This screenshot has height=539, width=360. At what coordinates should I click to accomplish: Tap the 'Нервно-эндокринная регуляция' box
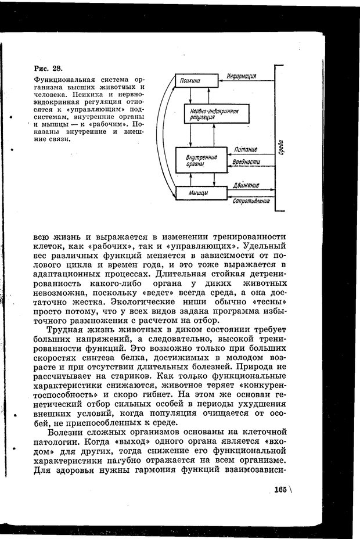[209, 113]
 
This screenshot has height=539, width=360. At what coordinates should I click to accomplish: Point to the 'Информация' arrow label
[243, 76]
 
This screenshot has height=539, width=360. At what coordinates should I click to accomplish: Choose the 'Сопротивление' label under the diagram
[251, 201]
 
